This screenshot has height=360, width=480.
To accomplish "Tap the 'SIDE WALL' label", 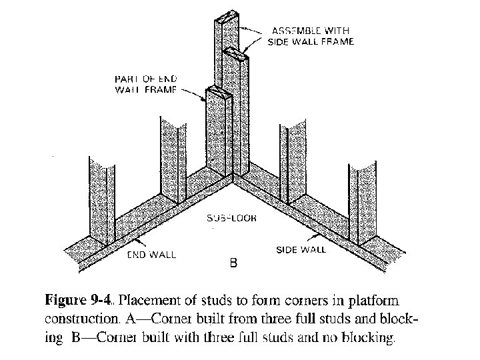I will point(301,250).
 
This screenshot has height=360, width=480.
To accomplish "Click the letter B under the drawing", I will point(233,264).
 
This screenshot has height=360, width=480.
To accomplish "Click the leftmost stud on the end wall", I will point(102,197).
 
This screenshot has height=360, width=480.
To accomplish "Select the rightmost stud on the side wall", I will point(361,200).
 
